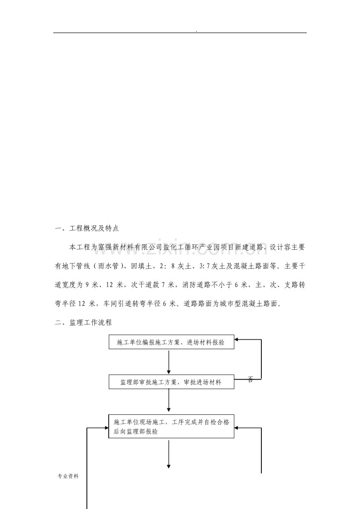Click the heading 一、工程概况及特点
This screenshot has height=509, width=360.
[x=87, y=228]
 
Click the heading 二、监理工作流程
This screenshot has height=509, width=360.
[x=83, y=323]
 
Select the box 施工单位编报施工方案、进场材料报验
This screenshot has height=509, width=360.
[x=171, y=342]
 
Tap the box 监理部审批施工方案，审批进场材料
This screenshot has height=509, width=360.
[x=171, y=382]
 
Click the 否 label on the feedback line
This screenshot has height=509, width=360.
[x=250, y=379]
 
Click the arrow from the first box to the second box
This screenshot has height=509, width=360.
[x=169, y=362]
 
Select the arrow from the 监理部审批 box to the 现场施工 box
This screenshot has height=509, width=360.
[x=169, y=400]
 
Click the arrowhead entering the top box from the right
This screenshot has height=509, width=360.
[x=236, y=339]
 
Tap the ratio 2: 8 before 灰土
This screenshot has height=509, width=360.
[x=167, y=266]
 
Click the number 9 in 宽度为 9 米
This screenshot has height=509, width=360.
[x=87, y=285]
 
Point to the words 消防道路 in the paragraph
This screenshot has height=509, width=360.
[x=196, y=285]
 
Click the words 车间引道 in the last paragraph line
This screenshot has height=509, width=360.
[x=117, y=304]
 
